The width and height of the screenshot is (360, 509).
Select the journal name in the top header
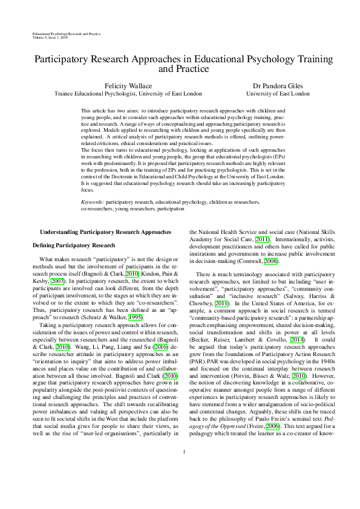click(67, 33)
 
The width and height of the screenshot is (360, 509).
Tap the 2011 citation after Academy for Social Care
click(263, 238)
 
